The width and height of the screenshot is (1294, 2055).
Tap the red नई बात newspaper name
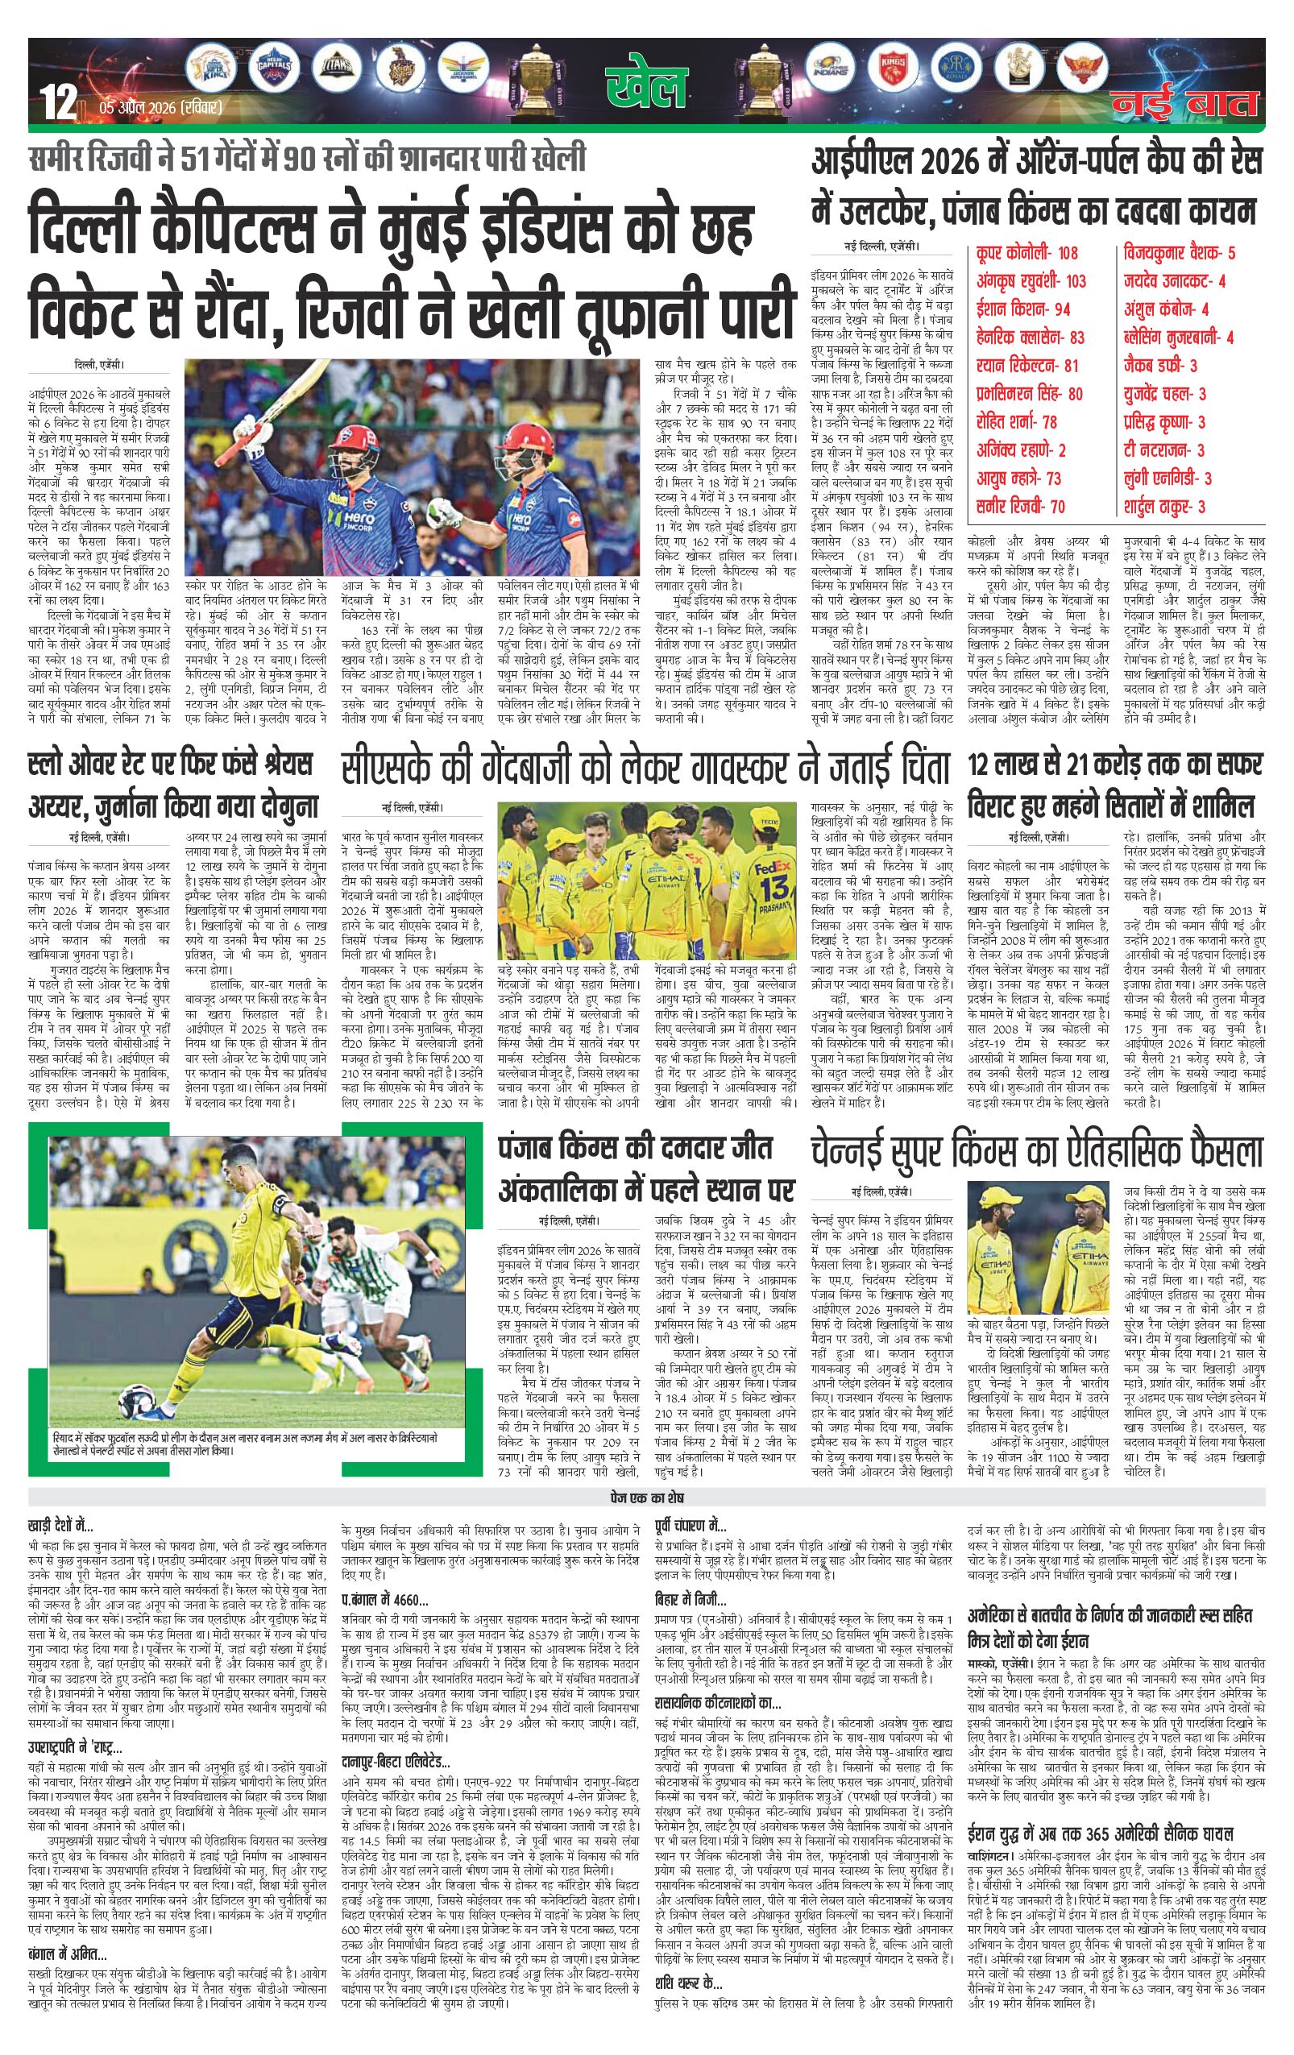(1184, 102)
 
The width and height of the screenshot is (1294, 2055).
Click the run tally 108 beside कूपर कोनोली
(1067, 254)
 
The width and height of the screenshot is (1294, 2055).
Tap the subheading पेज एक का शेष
(646, 1498)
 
